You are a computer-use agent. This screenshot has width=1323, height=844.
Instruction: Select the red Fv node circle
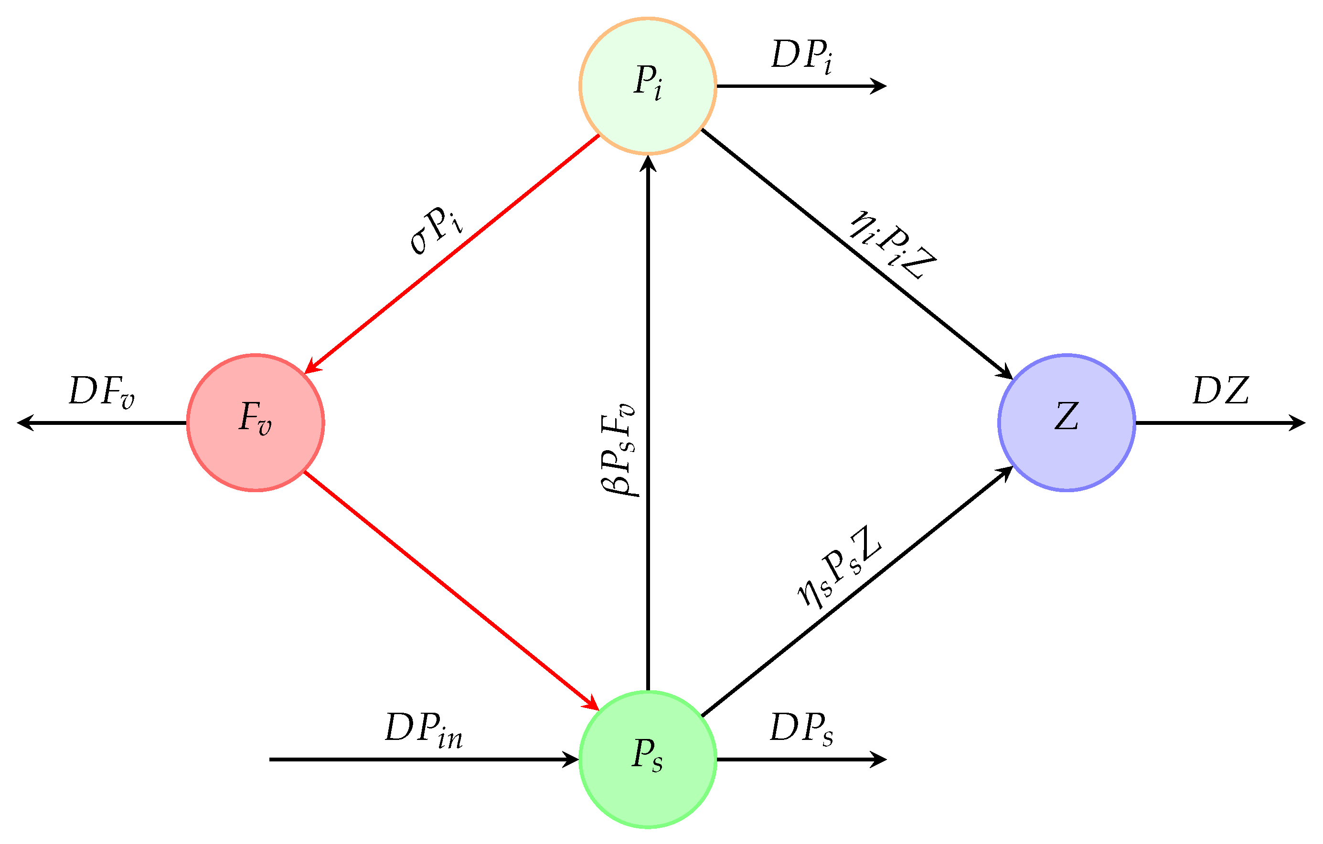256,423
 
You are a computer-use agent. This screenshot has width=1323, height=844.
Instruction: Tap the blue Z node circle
1067,423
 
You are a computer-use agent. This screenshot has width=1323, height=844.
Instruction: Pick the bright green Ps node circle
648,760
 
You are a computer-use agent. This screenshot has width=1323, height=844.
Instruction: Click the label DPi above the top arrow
801,56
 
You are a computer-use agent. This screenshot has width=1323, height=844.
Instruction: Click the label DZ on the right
1221,391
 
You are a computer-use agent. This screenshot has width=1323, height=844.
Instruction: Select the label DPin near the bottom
424,730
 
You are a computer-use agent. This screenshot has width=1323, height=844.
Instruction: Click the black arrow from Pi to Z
857,254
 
